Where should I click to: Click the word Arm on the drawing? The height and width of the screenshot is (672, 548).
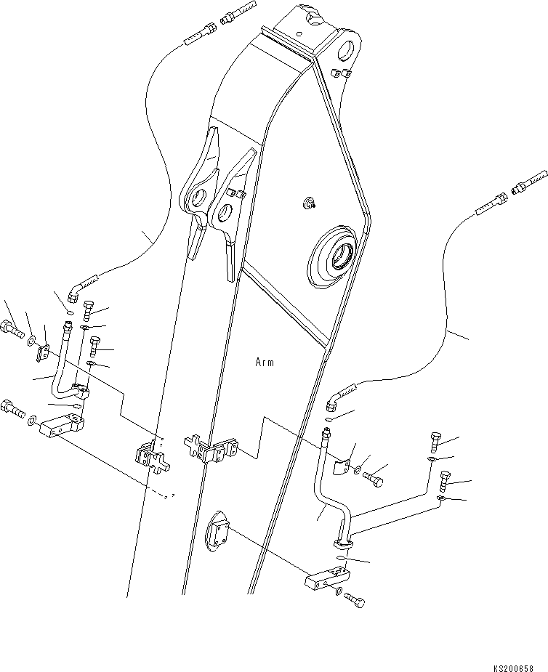point(265,362)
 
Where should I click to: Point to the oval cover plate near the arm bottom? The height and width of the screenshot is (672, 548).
point(217,533)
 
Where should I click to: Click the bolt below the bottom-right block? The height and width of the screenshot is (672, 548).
point(353,601)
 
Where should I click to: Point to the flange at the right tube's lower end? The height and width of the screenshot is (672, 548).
point(342,543)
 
